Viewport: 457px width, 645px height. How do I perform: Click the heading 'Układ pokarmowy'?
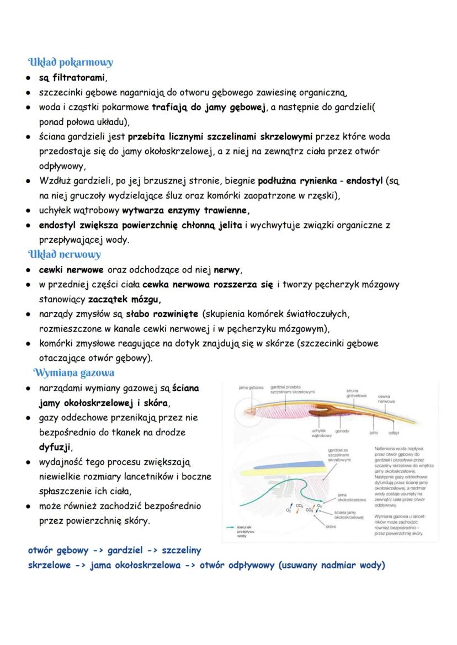click(x=70, y=62)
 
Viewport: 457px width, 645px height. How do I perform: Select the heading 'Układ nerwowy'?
click(x=64, y=254)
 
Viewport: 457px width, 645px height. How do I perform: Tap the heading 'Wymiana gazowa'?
click(x=74, y=372)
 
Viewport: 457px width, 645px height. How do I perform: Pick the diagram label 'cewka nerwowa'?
click(x=386, y=399)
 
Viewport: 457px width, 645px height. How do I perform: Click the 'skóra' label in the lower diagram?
click(x=330, y=526)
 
